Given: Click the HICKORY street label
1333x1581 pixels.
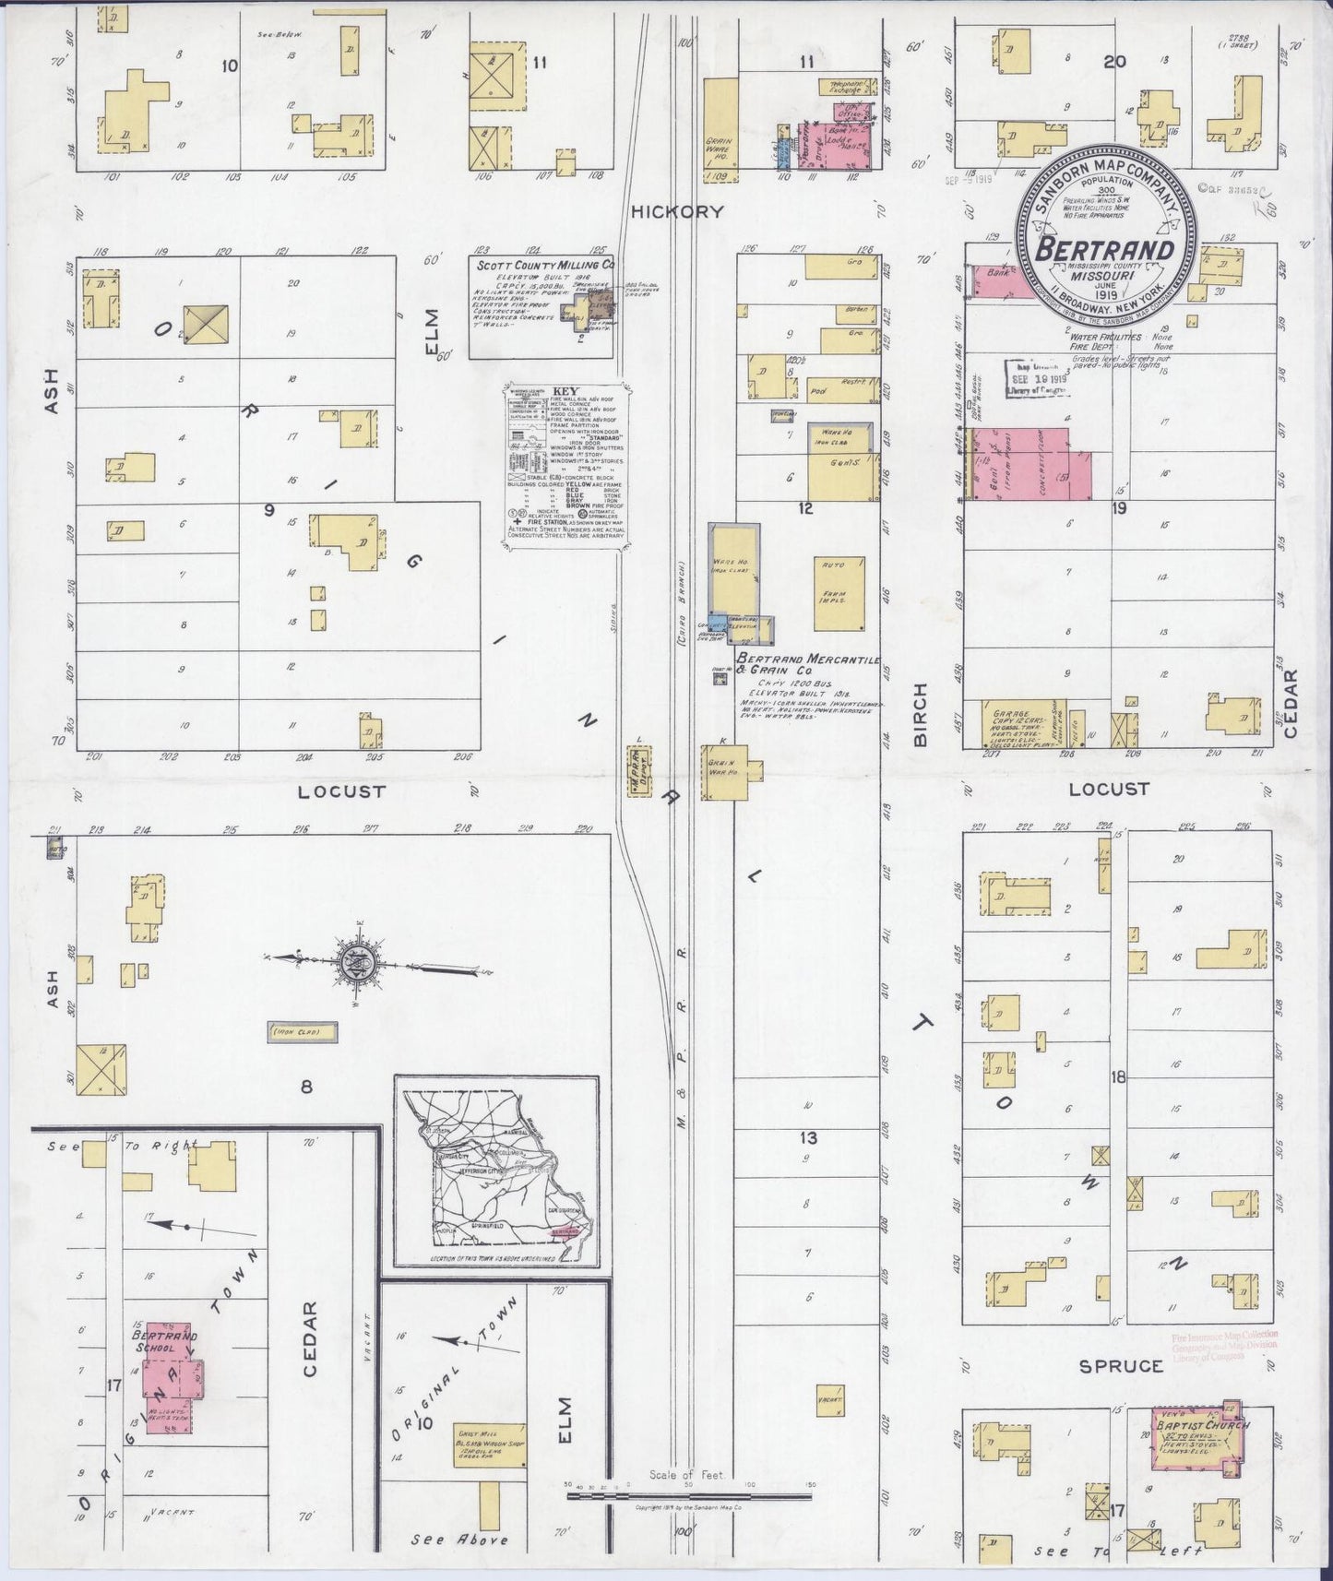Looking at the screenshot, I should [676, 211].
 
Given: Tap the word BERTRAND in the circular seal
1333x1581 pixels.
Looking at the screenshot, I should [1105, 250].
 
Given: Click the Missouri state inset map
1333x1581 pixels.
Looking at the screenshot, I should [497, 1171].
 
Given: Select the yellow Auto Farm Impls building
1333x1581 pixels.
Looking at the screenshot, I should [839, 594].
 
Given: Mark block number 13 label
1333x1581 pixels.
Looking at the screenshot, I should [808, 1138].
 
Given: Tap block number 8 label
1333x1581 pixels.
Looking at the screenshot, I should [306, 1088].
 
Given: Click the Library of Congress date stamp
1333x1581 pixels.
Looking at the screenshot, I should [1036, 378].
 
